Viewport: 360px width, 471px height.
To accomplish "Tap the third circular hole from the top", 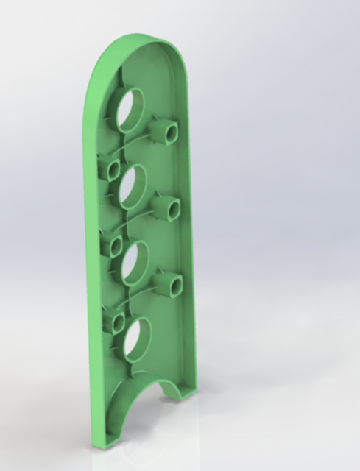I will tap(135, 263).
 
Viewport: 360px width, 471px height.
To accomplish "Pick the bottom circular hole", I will tap(137, 339).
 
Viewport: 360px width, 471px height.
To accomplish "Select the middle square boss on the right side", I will tap(167, 207).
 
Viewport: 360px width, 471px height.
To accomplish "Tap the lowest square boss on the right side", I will tap(171, 284).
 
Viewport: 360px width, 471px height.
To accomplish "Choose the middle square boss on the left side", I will tap(112, 245).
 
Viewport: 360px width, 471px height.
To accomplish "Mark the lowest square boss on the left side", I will tap(114, 322).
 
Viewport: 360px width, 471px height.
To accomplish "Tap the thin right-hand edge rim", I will tap(191, 221).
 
